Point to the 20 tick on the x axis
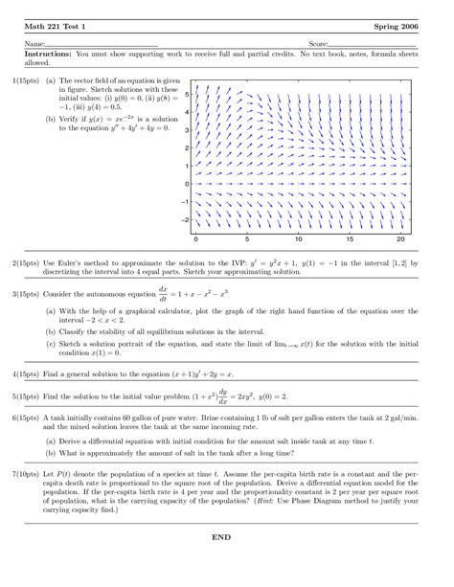pos(401,237)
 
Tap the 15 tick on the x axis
pos(350,237)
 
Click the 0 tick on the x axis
pos(195,237)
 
